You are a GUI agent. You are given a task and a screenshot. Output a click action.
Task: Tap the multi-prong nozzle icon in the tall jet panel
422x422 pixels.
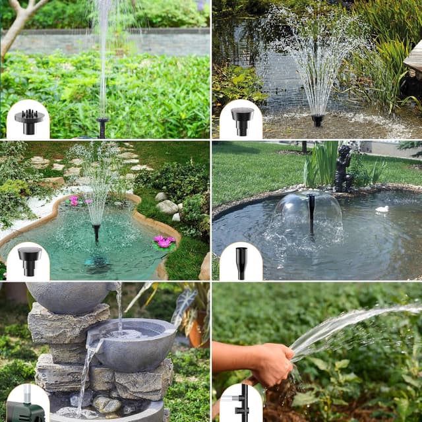pyautogui.click(x=28, y=121)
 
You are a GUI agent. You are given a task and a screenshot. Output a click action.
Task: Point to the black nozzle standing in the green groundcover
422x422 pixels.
pyautogui.click(x=102, y=126)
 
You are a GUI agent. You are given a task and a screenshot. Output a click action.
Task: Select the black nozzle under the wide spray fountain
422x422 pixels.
pyautogui.click(x=318, y=120)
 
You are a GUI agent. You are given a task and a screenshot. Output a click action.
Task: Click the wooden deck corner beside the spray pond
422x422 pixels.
pyautogui.click(x=413, y=59)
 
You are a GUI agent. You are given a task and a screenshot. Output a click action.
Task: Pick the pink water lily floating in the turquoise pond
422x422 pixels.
pyautogui.click(x=164, y=242)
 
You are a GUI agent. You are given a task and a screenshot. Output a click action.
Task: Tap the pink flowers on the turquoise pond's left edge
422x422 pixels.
pyautogui.click(x=74, y=199)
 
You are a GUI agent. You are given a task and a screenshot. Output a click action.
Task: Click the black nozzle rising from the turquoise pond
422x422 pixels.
pyautogui.click(x=96, y=232)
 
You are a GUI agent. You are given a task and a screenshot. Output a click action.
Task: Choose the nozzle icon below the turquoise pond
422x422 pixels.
pyautogui.click(x=28, y=260)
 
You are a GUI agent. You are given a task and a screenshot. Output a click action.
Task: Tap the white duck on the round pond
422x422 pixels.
pyautogui.click(x=382, y=210)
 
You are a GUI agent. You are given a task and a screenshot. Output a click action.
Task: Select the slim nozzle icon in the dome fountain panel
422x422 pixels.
pyautogui.click(x=241, y=262)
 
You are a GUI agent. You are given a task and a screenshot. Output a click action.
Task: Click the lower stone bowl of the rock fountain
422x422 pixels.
pyautogui.click(x=132, y=343)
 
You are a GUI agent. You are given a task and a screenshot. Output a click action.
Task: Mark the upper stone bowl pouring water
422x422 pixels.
pyautogui.click(x=69, y=297)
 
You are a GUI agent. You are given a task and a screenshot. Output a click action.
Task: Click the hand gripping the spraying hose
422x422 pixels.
pyautogui.click(x=272, y=364)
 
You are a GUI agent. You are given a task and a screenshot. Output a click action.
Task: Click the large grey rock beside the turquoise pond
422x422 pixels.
pyautogui.click(x=167, y=207)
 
